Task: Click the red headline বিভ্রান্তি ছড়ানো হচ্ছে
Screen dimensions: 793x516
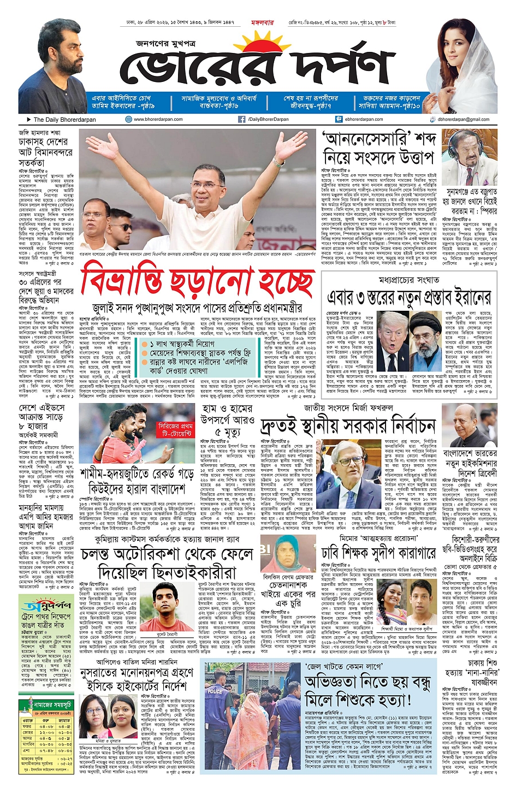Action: coord(197,283)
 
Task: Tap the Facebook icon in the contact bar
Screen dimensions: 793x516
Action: coord(241,119)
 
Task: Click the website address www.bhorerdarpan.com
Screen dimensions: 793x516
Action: coord(158,119)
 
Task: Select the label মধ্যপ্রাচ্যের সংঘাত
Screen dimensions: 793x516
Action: coord(409,280)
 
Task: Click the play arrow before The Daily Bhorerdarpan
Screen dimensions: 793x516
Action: coord(29,120)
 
